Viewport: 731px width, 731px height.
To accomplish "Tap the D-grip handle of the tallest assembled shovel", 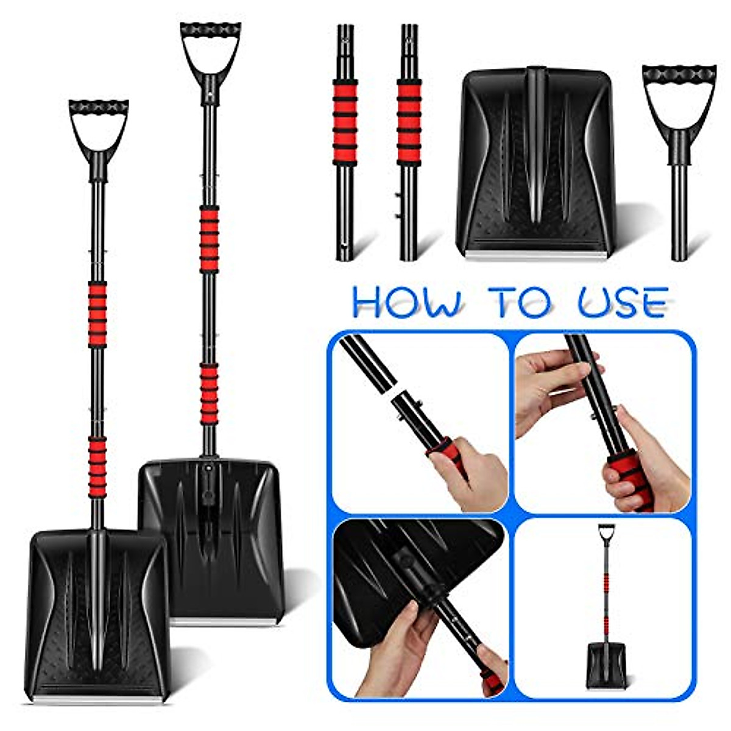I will (210, 49).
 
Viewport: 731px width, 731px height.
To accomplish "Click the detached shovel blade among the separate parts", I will (535, 161).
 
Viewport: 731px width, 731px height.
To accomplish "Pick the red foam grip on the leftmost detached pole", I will (345, 122).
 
